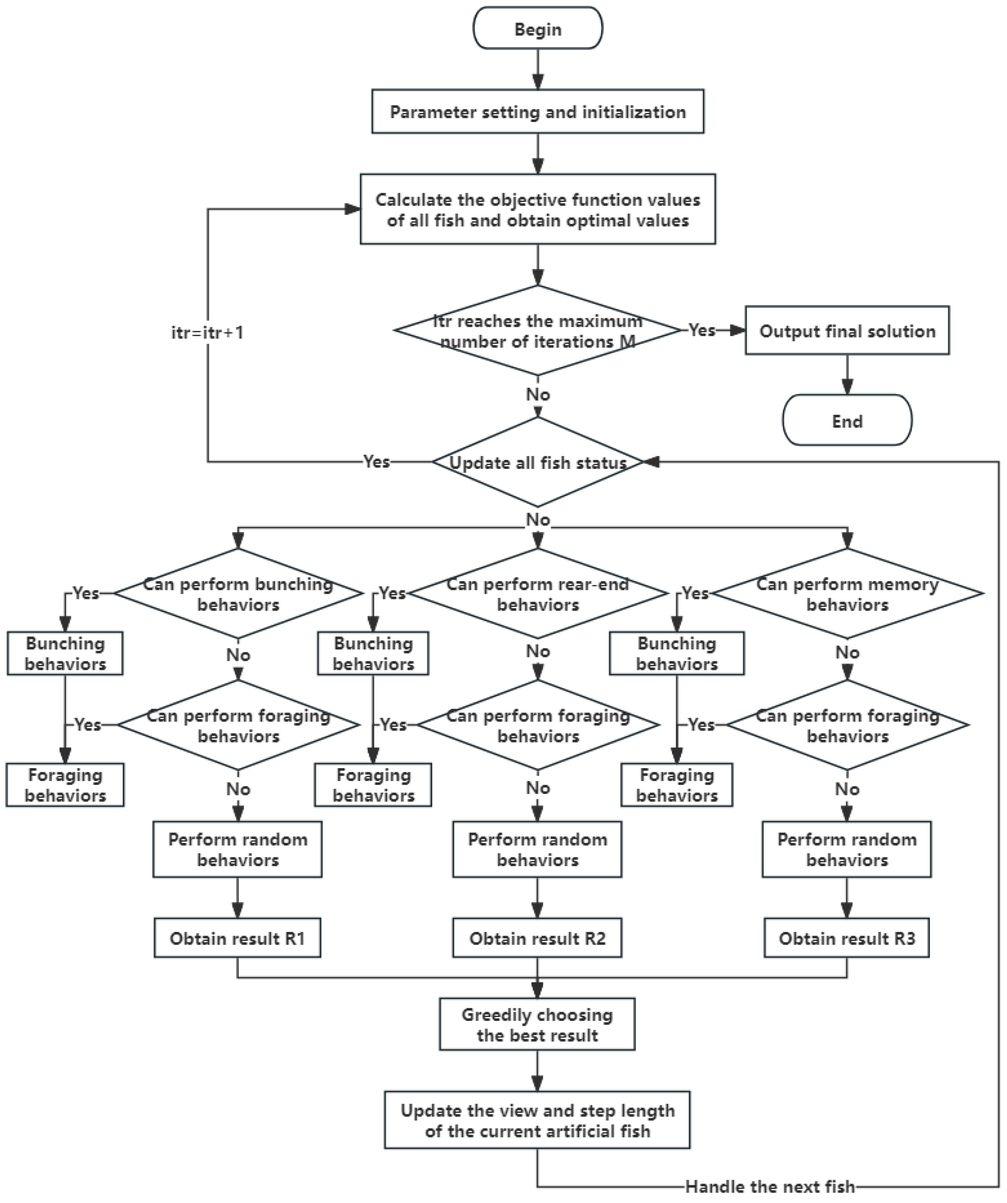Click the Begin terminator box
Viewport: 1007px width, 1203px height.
click(x=538, y=29)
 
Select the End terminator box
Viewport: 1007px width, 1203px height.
click(x=847, y=421)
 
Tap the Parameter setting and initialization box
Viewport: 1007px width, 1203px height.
click(x=538, y=112)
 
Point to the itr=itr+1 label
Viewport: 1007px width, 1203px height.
click(x=207, y=332)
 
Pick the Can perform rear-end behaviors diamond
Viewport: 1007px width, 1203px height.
click(x=538, y=594)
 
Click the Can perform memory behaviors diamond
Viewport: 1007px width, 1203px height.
click(x=847, y=594)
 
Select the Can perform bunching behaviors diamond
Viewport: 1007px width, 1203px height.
click(x=238, y=594)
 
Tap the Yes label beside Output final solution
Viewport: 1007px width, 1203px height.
click(x=702, y=330)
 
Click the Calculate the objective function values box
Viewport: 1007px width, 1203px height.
click(x=538, y=210)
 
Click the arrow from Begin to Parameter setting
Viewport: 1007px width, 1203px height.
click(x=538, y=69)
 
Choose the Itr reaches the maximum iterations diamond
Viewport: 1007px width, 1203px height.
click(x=538, y=331)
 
